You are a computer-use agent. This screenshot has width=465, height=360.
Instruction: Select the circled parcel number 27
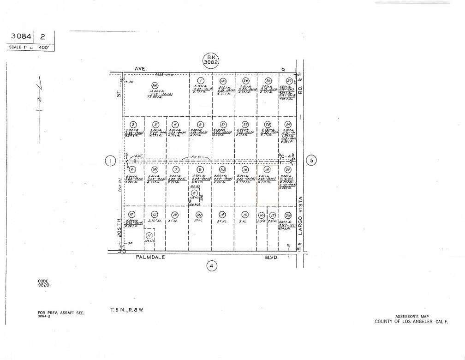(289, 81)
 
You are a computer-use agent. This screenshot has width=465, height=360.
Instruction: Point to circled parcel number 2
(133, 125)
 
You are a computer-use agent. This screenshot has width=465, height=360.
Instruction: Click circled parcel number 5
(200, 125)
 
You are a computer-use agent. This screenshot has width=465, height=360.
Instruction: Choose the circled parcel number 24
(288, 125)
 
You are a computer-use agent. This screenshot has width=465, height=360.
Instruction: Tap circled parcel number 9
(200, 169)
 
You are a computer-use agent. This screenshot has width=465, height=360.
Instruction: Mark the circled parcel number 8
(194, 193)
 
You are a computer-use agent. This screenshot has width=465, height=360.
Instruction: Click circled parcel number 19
(267, 169)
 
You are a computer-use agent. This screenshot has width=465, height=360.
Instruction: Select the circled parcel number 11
(149, 235)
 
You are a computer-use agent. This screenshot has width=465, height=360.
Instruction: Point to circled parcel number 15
(245, 215)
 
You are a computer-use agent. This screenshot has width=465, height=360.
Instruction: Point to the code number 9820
(43, 285)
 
